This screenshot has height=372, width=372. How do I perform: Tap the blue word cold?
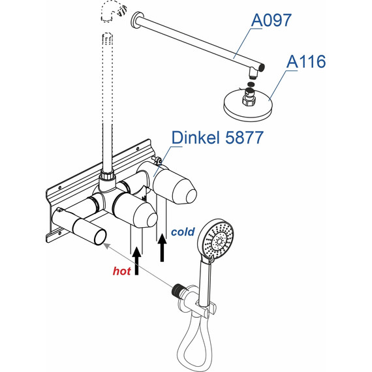(183, 232)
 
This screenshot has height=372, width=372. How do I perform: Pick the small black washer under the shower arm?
(252, 84)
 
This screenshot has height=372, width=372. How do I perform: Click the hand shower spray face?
(218, 238)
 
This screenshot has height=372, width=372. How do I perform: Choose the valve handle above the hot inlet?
(137, 211)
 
